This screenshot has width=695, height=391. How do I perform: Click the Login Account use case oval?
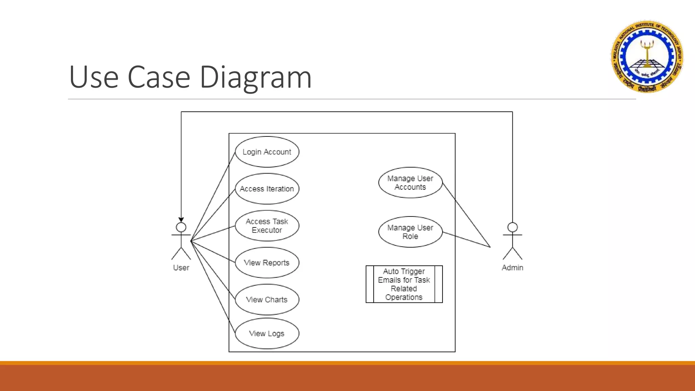[x=267, y=152]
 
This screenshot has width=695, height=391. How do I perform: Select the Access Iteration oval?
[x=267, y=189]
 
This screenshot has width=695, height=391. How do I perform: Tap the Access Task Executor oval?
[x=267, y=226]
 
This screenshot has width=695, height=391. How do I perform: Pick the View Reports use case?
[x=267, y=263]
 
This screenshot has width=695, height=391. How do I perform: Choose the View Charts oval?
[x=267, y=300]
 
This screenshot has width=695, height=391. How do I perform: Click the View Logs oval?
[x=267, y=333]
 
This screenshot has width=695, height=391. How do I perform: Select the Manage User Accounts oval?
[x=410, y=183]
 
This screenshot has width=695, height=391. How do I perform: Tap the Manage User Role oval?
[x=410, y=232]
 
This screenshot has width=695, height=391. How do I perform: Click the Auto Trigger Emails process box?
[x=404, y=284]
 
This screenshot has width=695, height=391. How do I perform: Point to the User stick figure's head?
[x=181, y=227]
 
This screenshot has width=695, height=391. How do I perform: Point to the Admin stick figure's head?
[x=512, y=227]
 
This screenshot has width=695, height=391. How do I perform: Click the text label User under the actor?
[x=181, y=268]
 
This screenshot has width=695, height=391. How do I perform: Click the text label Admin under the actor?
[x=512, y=268]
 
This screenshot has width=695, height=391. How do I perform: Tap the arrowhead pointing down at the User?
[x=181, y=220]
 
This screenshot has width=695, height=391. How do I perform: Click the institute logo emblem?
[x=647, y=56]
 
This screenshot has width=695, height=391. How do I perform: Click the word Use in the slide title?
[x=94, y=77]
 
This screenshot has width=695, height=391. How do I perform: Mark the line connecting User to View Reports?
[x=213, y=252]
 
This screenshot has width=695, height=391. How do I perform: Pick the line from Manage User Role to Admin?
[x=467, y=240]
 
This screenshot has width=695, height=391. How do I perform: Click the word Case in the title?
[x=159, y=77]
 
